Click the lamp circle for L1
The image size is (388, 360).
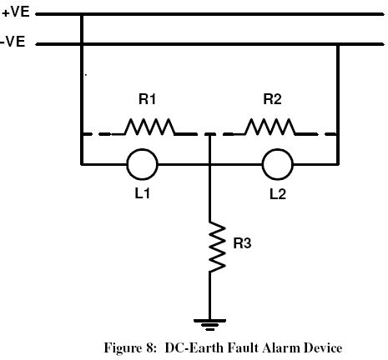coord(142,164)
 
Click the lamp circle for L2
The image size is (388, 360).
coord(278,164)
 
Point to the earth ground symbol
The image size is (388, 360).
coord(209,322)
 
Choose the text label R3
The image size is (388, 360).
coord(242,244)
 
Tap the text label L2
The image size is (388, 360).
coord(278,193)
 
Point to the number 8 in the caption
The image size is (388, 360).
coord(149,347)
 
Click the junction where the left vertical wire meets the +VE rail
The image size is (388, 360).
coord(82,14)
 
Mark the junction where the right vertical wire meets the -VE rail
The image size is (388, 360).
coord(337,43)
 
